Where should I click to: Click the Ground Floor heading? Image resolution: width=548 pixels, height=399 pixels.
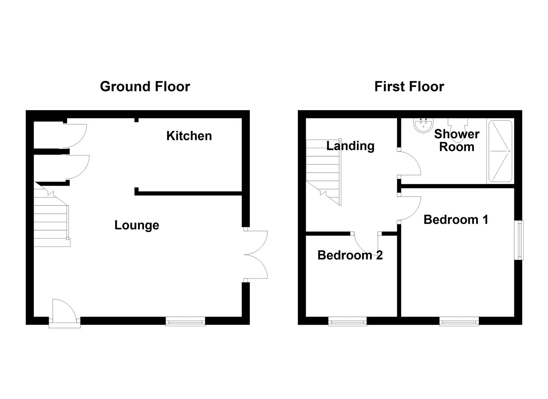[x=145, y=86]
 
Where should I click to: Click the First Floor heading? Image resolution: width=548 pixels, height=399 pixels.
[x=409, y=86]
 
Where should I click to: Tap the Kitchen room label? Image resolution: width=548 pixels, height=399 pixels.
[x=189, y=136]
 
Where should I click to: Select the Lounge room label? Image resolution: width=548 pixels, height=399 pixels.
[x=137, y=225]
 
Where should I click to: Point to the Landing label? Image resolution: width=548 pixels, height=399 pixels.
[x=350, y=146]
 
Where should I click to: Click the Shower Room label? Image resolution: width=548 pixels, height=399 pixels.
[x=456, y=140]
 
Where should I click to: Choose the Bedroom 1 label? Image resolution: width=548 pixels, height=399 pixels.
[x=456, y=219]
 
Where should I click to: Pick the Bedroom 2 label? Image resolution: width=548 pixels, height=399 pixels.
[x=350, y=255]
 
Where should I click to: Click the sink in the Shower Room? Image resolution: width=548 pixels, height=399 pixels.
[x=423, y=125]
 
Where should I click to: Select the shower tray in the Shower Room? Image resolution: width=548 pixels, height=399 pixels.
[x=500, y=151]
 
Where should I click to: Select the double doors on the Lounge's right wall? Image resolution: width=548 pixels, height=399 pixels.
[x=256, y=255]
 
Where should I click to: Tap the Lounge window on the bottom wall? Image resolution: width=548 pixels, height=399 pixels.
[x=185, y=321]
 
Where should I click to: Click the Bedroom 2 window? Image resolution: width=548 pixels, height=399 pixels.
[x=347, y=321]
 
